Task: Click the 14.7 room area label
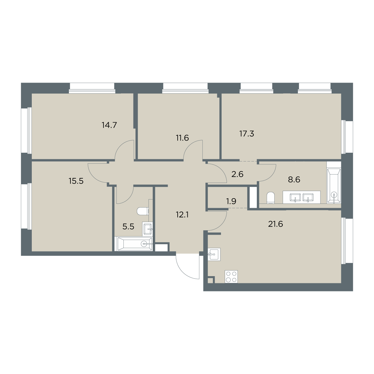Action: pos(109,125)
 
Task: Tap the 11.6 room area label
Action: pos(182,138)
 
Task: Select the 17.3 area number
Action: pos(247,134)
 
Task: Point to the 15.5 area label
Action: pos(76,181)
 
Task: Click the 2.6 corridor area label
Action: pos(237,174)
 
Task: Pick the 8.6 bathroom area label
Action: pos(294,180)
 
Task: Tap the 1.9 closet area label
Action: pos(231,201)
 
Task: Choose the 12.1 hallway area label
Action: pos(182,215)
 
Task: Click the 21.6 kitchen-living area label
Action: pos(276,224)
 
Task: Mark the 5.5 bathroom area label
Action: pos(128,227)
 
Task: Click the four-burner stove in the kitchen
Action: pos(231,276)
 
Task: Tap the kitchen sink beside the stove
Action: pos(214,254)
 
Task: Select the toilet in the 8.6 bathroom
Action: pos(271,198)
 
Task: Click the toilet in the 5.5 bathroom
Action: pos(143,211)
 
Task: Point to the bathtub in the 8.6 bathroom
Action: pos(334,186)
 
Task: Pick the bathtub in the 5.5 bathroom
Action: pos(135,244)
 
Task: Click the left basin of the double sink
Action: pos(295,197)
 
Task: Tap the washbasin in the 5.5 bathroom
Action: pos(147,229)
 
